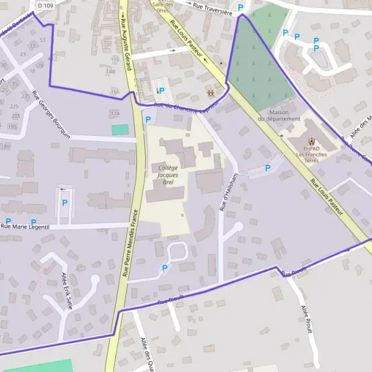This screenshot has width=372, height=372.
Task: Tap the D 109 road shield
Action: tap(45, 4)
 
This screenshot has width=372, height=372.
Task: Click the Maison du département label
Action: tap(279, 115)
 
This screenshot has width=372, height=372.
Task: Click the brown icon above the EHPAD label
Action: tap(311, 141)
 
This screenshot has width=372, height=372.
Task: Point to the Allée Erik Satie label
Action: tap(68, 290)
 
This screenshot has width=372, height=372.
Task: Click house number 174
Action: tap(114, 114)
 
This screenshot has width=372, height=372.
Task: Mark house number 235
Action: tap(25, 96)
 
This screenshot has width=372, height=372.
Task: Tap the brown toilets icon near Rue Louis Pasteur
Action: tap(211, 93)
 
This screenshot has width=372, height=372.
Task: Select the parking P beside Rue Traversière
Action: tap(241, 7)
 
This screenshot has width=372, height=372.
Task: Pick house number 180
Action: tap(6, 146)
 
